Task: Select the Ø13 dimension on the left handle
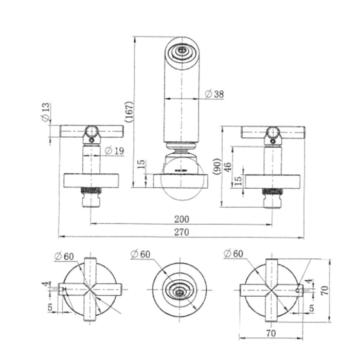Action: [x=45, y=112]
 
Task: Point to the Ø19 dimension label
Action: [x=114, y=151]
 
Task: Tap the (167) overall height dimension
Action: [x=129, y=111]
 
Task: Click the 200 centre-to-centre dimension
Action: [x=181, y=219]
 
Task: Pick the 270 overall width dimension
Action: [x=181, y=232]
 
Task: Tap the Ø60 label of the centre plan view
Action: [x=141, y=254]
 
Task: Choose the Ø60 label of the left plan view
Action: [x=64, y=256]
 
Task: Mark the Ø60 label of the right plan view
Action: [x=234, y=254]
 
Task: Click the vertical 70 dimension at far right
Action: [x=324, y=291]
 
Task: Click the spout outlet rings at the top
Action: [x=181, y=51]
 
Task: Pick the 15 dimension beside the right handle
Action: [x=237, y=181]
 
